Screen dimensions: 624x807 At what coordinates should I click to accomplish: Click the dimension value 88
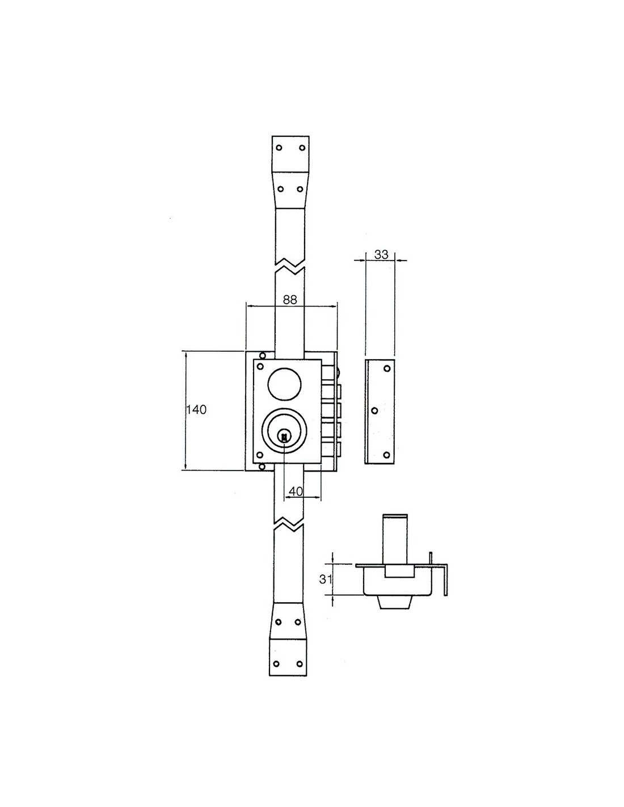click(290, 300)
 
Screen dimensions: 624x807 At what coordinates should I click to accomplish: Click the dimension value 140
click(196, 410)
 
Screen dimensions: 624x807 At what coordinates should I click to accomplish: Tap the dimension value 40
click(296, 491)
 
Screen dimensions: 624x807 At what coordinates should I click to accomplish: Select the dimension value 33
click(381, 255)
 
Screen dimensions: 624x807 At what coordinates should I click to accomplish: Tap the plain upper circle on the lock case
click(284, 384)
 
